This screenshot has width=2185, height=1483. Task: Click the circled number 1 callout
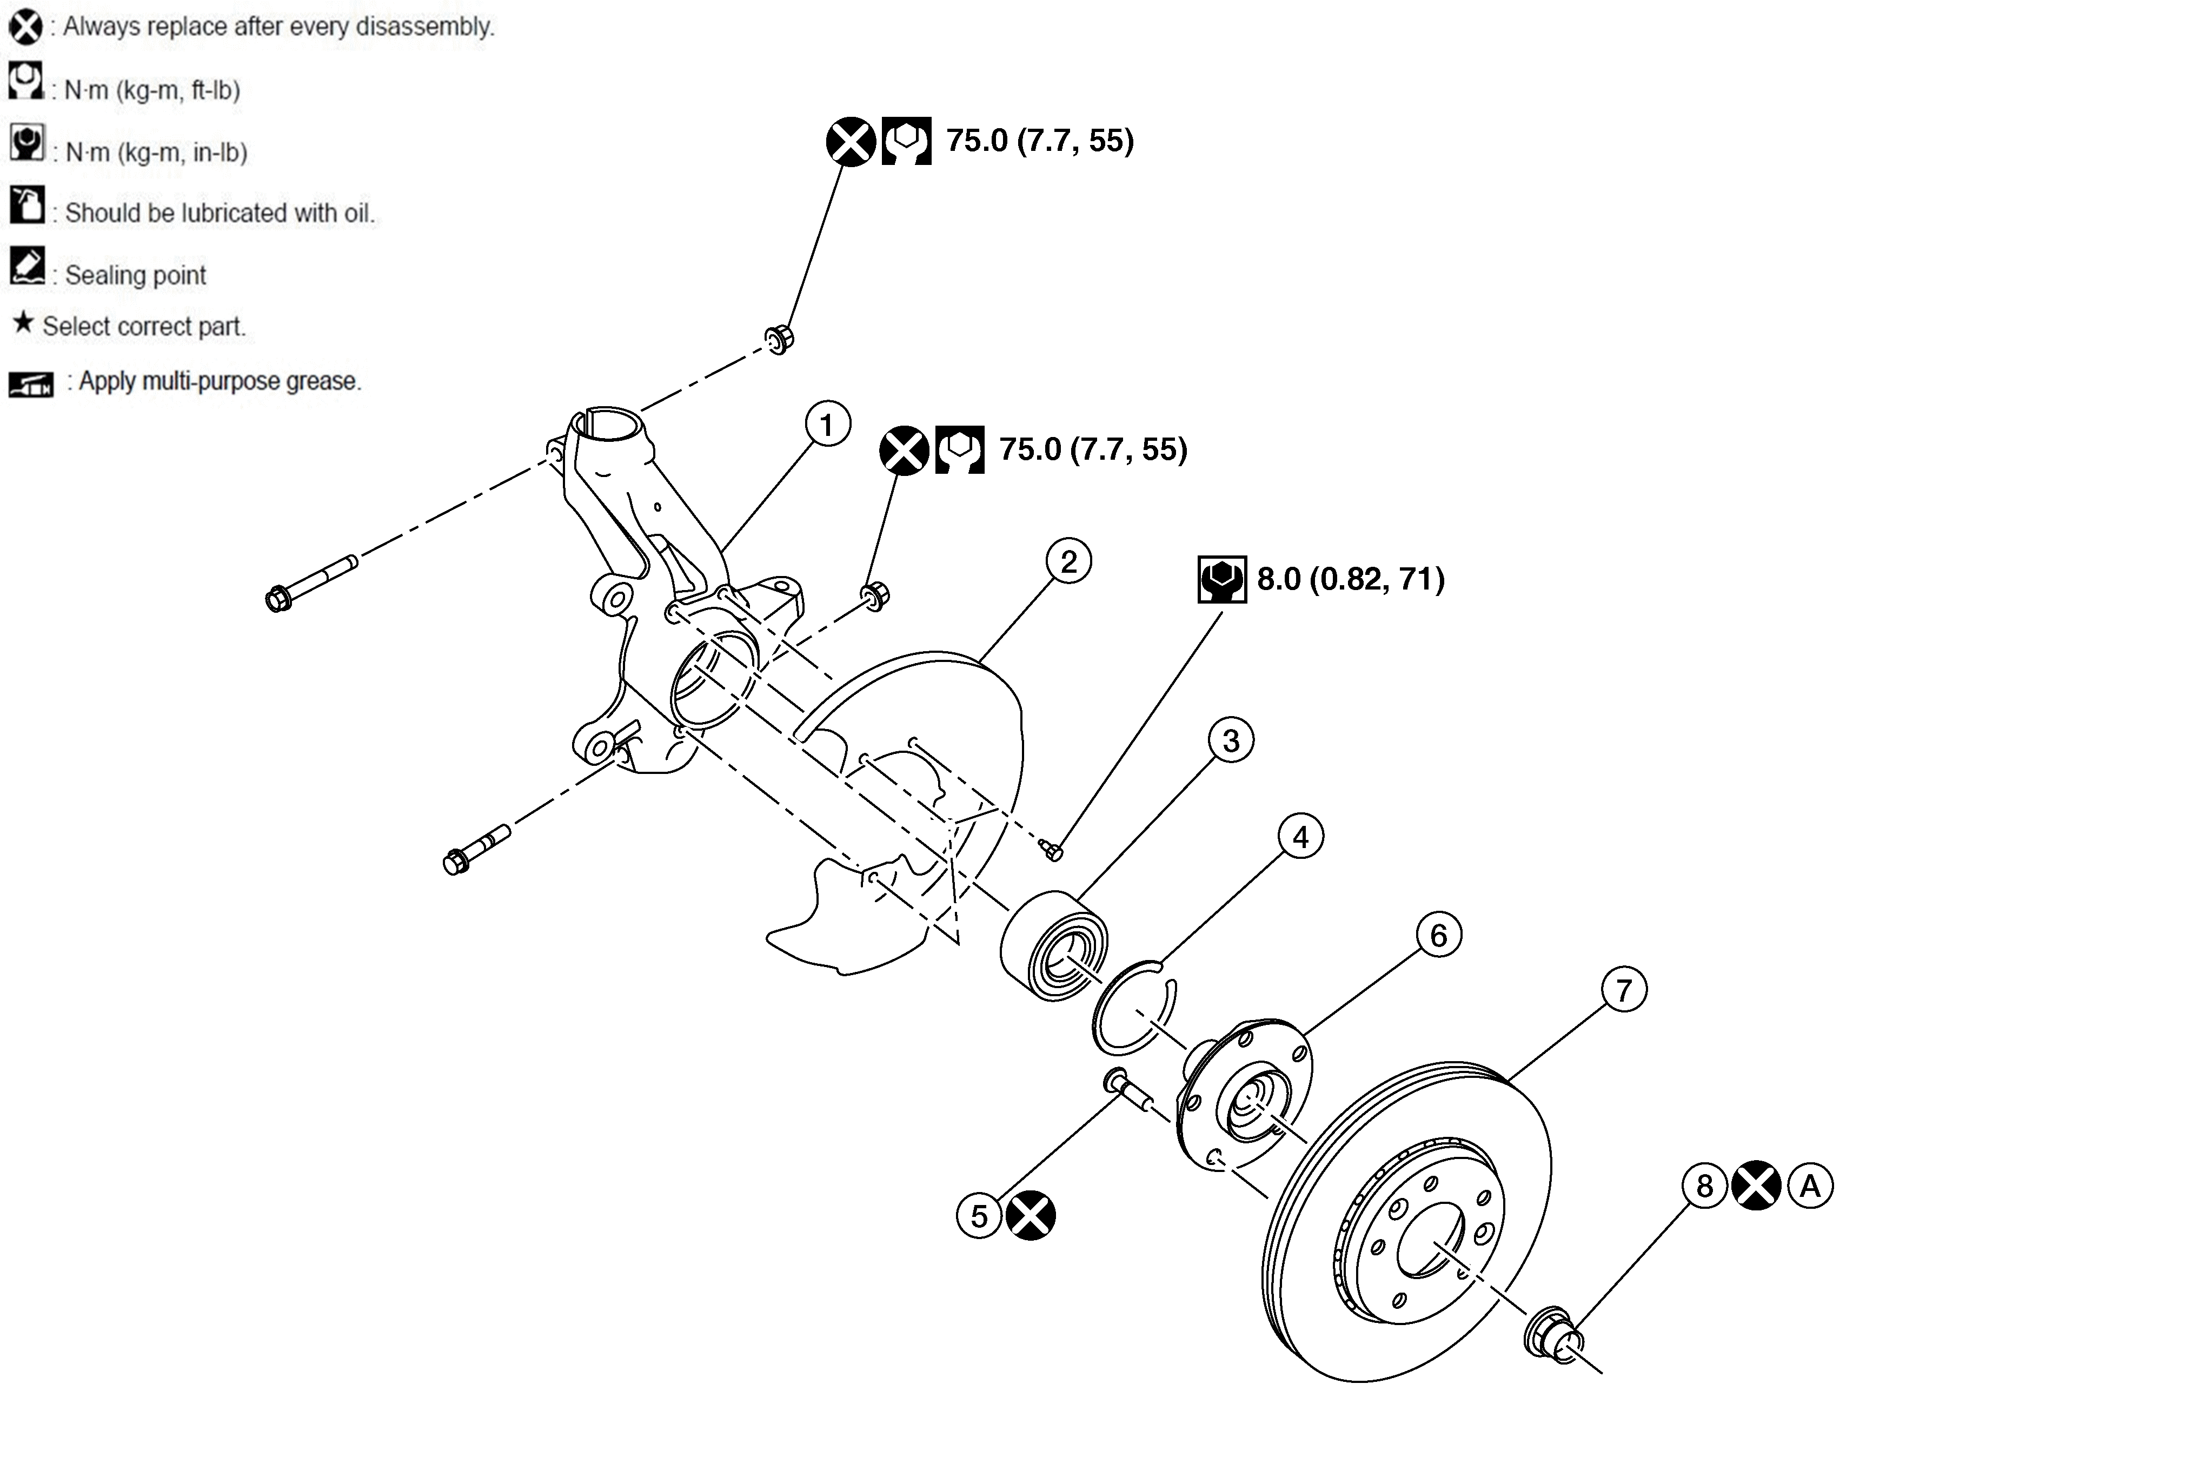pos(827,425)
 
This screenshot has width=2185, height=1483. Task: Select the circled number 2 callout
pos(1069,561)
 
